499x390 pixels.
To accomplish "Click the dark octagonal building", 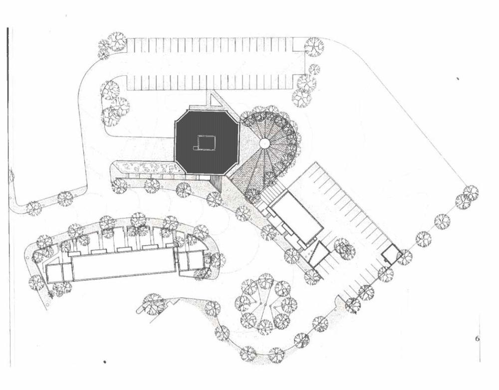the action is [207, 142].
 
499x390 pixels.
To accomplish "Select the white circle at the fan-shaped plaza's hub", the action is [264, 143].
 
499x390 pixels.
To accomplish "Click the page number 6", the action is [478, 339].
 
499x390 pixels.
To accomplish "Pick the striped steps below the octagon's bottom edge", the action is [218, 184].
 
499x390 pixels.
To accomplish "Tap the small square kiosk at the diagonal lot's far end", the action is [391, 254].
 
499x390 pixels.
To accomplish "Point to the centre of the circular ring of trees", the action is [266, 304].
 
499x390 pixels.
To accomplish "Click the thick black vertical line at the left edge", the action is [8, 197].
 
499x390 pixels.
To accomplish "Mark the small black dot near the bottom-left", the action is [105, 362].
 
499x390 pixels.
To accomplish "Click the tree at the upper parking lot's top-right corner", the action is [314, 47].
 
